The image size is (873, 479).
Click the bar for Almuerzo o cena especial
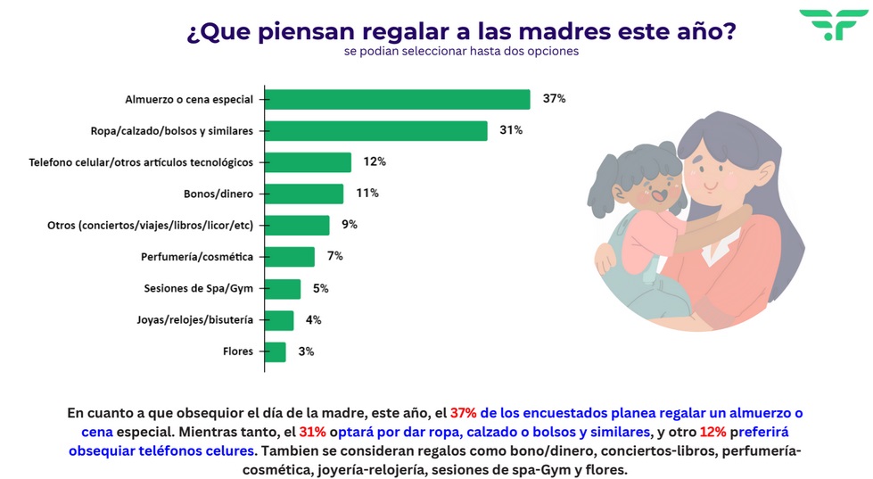tap(398, 99)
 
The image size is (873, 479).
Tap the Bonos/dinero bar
tap(304, 194)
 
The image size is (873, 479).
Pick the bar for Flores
tap(275, 351)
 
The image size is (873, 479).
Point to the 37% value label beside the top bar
tap(554, 99)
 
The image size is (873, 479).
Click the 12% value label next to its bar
tap(375, 161)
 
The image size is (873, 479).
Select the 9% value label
tap(350, 225)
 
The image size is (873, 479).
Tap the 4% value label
tap(313, 320)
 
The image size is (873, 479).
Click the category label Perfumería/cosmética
tap(197, 257)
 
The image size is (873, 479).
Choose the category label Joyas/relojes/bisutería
tap(194, 320)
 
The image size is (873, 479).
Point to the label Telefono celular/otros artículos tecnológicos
tap(141, 162)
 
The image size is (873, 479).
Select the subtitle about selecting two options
tap(461, 52)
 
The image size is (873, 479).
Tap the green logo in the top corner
tap(827, 24)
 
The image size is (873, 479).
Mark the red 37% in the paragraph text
tap(464, 413)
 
